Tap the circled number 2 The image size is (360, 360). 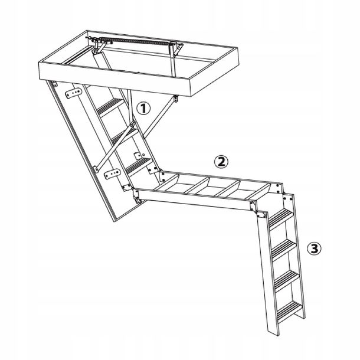tap(219, 161)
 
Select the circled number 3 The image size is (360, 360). tap(315, 248)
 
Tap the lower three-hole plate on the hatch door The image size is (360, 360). tap(110, 175)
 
